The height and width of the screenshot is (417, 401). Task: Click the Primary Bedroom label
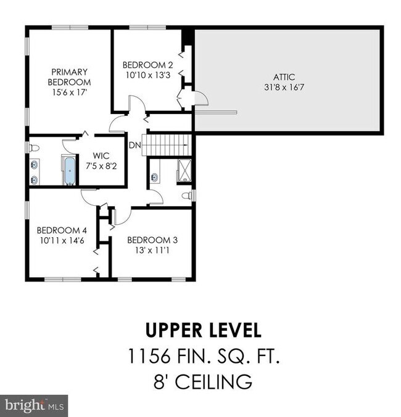pos(69,77)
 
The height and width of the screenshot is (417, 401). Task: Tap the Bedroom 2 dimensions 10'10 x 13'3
pos(148,75)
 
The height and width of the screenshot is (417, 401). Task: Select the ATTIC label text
pos(284,77)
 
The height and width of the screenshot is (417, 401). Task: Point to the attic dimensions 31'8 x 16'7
pos(284,87)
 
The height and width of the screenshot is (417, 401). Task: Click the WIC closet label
pos(101,156)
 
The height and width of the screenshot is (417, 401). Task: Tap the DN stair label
pos(135,145)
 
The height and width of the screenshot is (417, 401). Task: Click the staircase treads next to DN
pos(167,145)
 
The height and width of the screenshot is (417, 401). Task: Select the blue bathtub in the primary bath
pos(70,171)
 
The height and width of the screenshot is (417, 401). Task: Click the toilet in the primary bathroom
pos(34,148)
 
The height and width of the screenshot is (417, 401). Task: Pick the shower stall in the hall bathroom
pos(184,171)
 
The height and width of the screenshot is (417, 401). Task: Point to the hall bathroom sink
pos(154,177)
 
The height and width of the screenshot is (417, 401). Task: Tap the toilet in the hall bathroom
pos(187,196)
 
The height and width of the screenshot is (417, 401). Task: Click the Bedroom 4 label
pos(62,230)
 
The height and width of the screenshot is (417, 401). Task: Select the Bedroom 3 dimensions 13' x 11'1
pos(152,250)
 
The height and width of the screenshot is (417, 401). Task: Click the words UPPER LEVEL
pos(204,330)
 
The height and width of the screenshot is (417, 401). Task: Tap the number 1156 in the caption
pos(149,356)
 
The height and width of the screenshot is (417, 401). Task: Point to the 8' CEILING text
pos(203,382)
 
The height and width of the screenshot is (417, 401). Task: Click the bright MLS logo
pos(34,406)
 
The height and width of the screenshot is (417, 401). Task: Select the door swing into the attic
pos(202,99)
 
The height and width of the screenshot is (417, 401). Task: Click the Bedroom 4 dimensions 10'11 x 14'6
pos(62,240)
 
